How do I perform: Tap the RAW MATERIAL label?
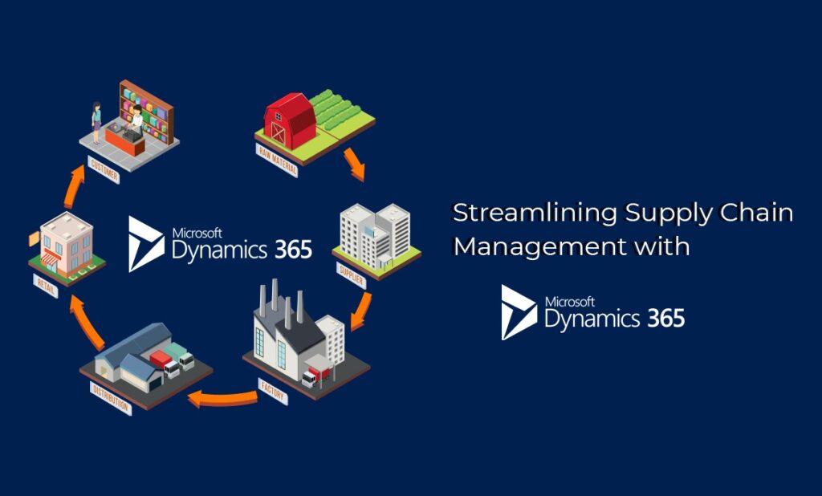(x=277, y=161)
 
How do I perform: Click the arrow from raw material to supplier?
(x=354, y=162)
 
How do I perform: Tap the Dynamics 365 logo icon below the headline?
(x=519, y=311)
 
